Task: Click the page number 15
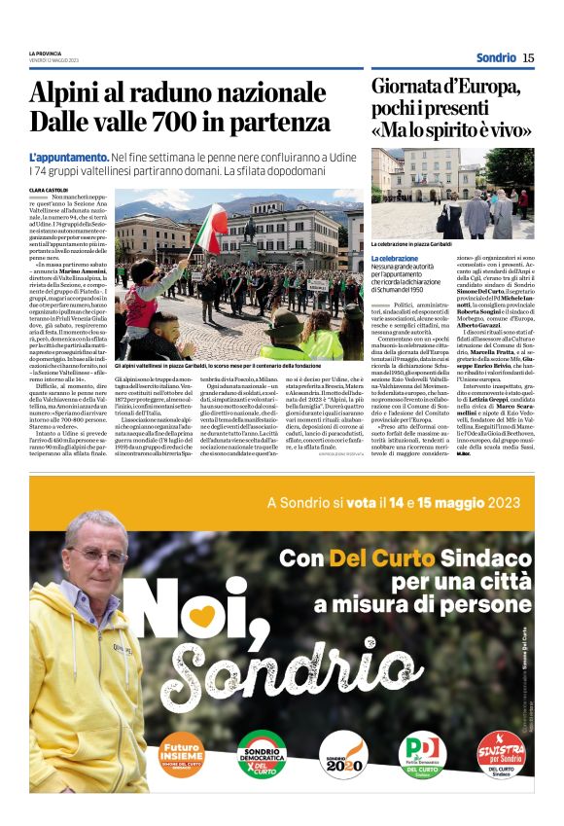[528, 57]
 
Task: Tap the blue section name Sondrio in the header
[496, 57]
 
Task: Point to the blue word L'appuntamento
[68, 157]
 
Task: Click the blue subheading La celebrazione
[397, 258]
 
